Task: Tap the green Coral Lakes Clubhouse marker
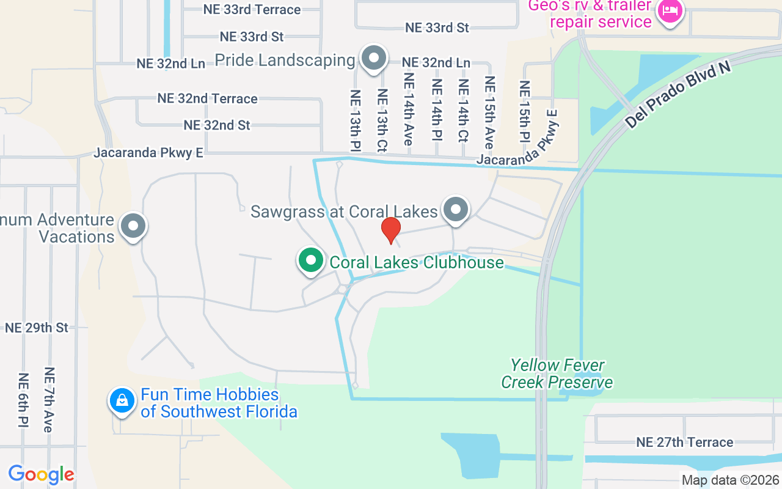tap(311, 260)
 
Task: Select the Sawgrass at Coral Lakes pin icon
tap(455, 210)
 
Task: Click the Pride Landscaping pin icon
tap(374, 59)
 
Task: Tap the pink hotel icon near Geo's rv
tap(670, 11)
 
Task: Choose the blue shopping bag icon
tap(122, 402)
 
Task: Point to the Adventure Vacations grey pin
tap(133, 226)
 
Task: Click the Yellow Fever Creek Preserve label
tap(557, 374)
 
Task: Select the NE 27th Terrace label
tap(684, 442)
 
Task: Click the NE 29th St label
tap(37, 328)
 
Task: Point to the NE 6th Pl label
tap(23, 400)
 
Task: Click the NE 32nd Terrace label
tap(207, 98)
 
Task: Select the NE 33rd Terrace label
tap(252, 10)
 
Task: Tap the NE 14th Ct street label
tap(463, 111)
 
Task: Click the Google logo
tap(41, 474)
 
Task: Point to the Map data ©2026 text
tap(730, 480)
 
